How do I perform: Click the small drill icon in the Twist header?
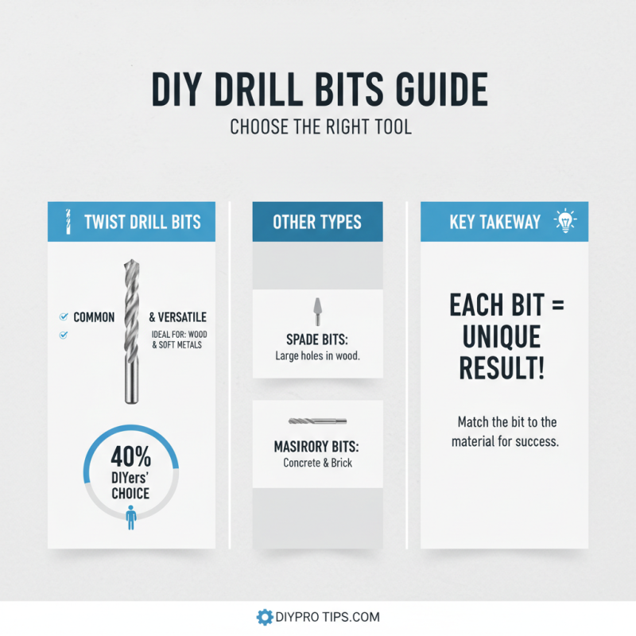click(x=68, y=222)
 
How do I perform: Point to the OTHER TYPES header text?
click(x=317, y=222)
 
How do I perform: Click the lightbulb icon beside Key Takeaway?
click(x=565, y=221)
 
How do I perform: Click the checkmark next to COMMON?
click(x=63, y=317)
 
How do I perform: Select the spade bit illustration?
click(x=317, y=311)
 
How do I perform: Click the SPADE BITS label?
click(x=317, y=339)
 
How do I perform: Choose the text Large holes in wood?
click(x=317, y=355)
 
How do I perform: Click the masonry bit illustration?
click(x=317, y=422)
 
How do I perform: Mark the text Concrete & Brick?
click(x=317, y=463)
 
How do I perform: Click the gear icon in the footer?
click(x=264, y=617)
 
